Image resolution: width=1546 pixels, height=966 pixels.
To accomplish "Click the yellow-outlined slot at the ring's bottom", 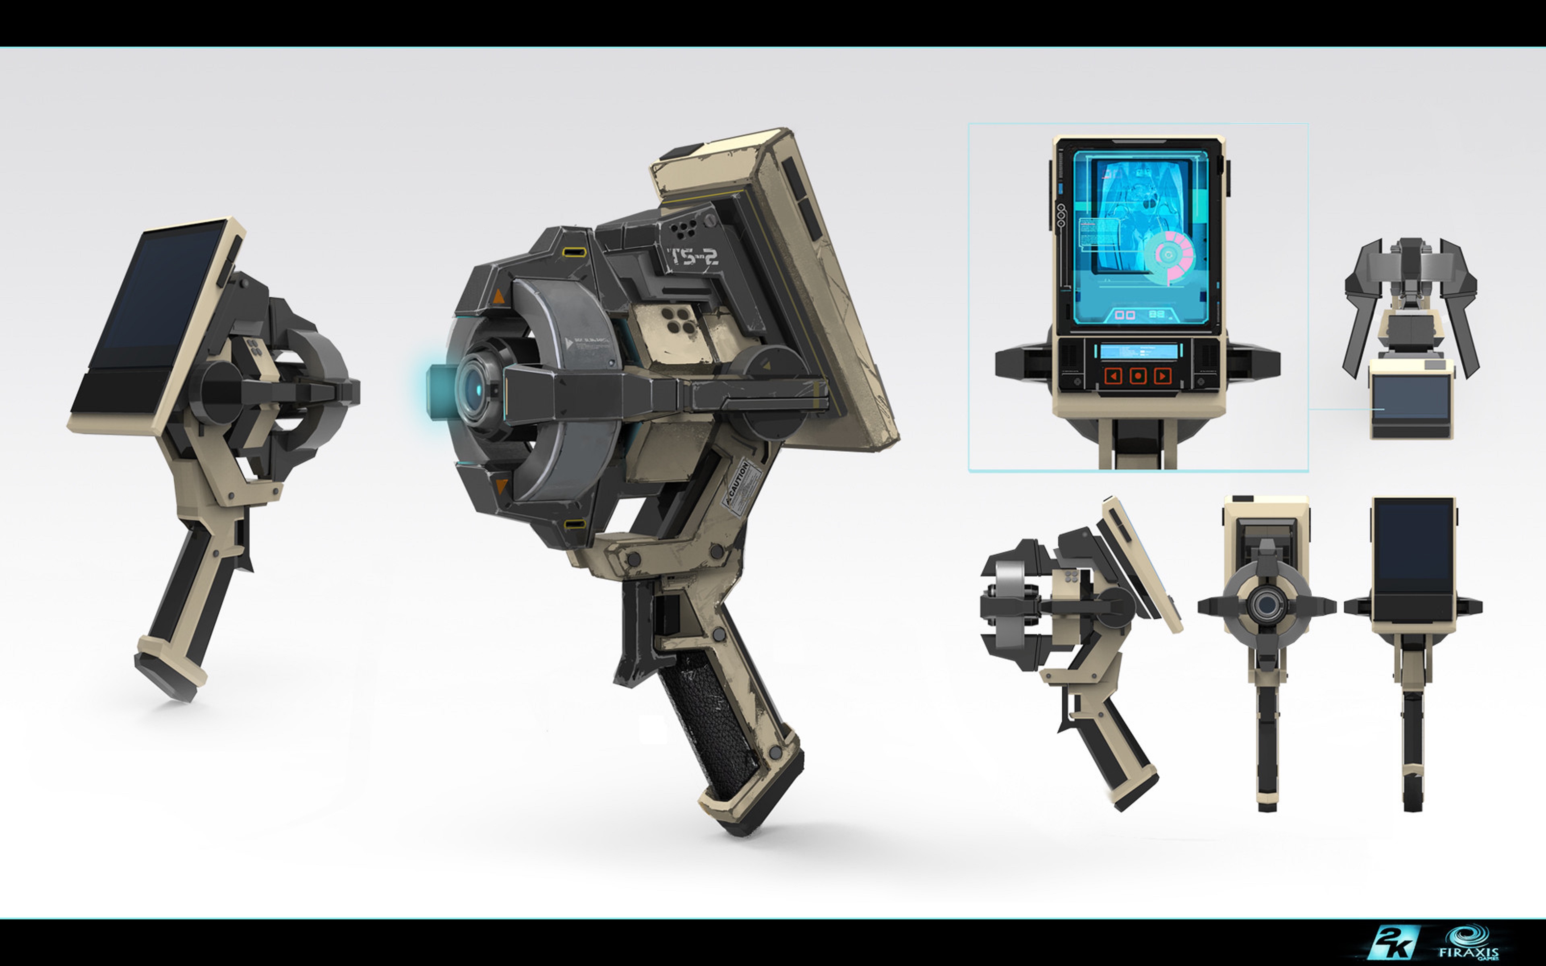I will (575, 524).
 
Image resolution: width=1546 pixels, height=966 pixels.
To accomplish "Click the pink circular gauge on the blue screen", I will (1170, 256).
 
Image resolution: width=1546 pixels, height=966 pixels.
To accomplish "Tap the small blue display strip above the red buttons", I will (1138, 351).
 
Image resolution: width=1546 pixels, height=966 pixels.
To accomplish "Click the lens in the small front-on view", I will (1265, 604).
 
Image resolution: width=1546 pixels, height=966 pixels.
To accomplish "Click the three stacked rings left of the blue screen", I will (1061, 215).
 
